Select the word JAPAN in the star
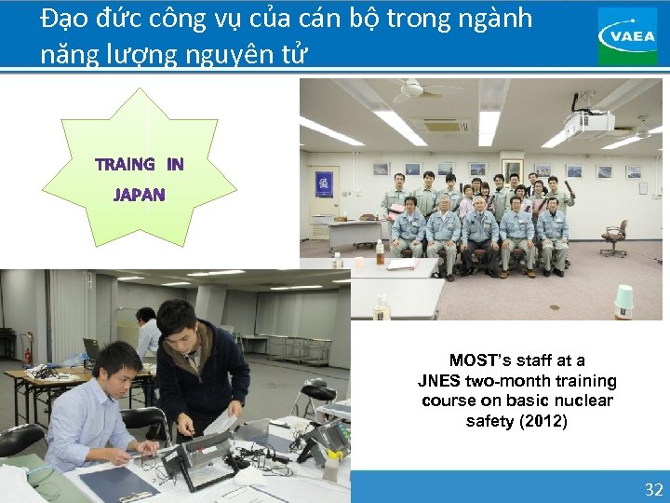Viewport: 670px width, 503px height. (139, 196)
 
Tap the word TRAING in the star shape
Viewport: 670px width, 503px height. (125, 165)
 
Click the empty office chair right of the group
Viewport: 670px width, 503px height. (614, 238)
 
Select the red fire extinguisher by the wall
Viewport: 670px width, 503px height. (28, 355)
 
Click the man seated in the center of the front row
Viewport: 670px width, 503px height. (480, 233)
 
